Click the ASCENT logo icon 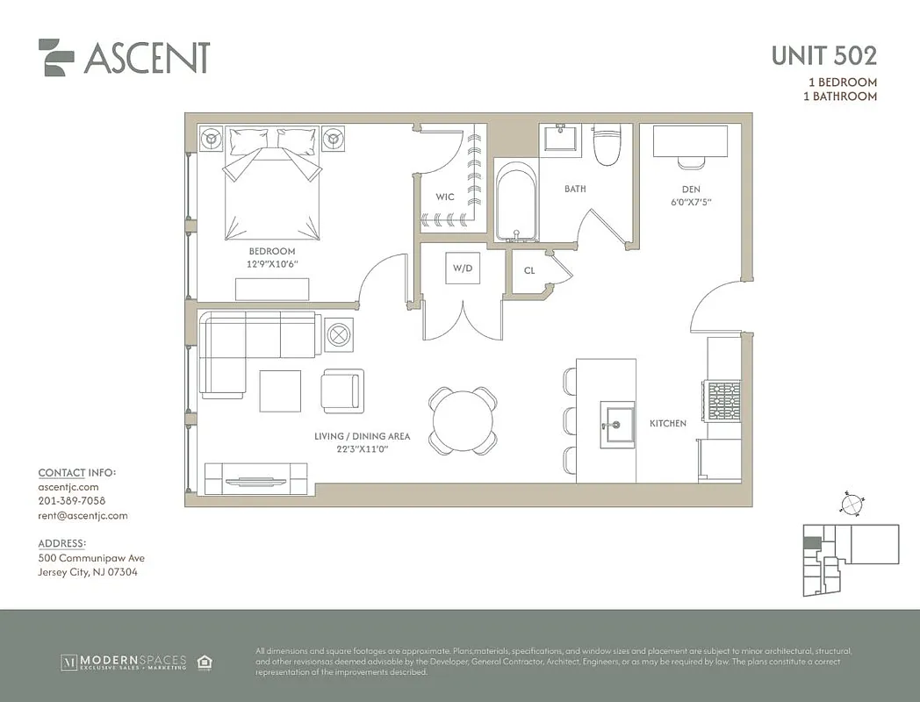click(56, 57)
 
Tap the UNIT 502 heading click(823, 55)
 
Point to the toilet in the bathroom click(607, 145)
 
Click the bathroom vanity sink click(558, 140)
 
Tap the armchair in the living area click(341, 390)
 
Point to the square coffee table click(280, 391)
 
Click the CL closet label click(529, 271)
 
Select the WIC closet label click(445, 197)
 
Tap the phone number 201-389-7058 click(71, 501)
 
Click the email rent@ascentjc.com click(83, 516)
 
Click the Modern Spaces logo click(123, 661)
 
